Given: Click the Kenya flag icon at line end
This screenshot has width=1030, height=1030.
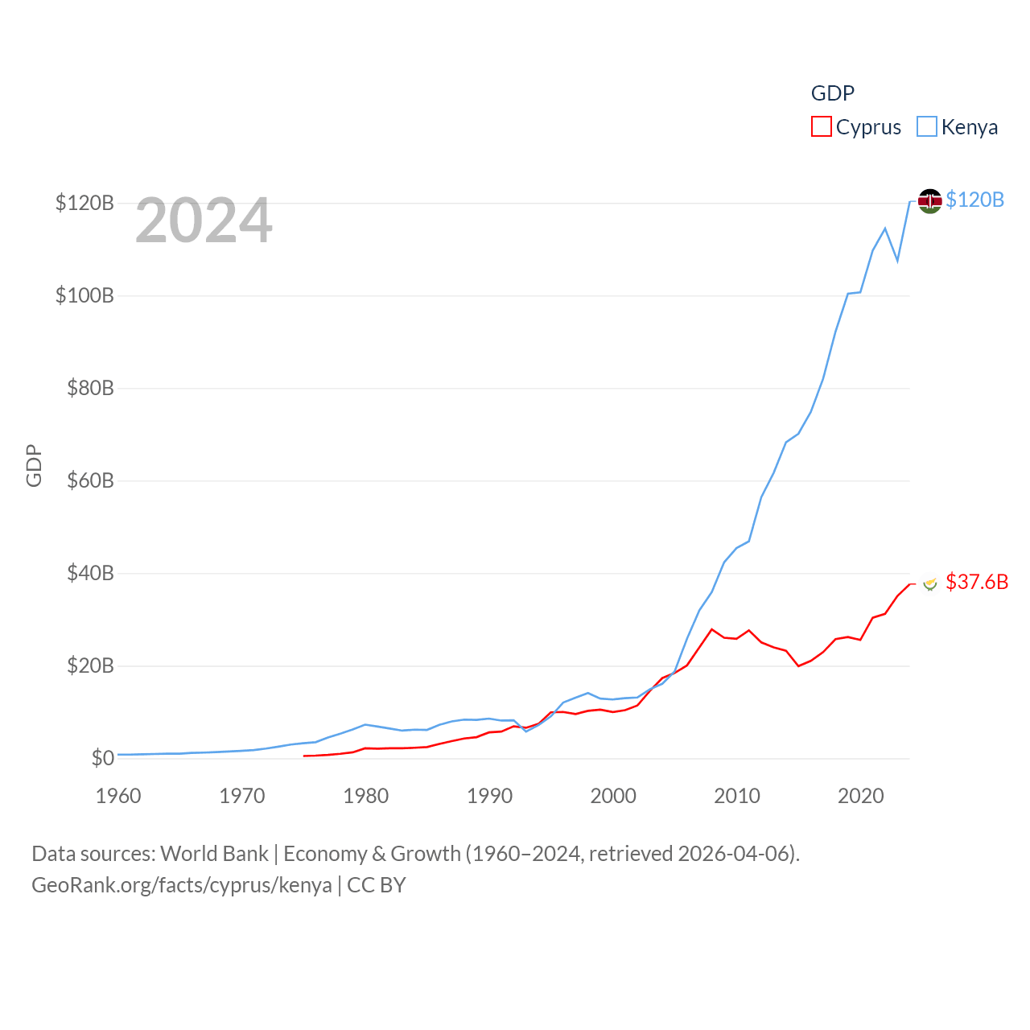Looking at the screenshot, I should [929, 200].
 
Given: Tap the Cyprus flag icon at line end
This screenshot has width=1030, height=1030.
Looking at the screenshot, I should [930, 583].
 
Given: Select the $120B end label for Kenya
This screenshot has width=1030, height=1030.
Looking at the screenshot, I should [974, 200].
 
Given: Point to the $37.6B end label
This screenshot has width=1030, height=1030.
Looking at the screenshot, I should [977, 582].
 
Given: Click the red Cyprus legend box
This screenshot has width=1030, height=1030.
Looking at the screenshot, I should [821, 127].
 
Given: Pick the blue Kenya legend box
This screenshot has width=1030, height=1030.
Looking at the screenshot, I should [927, 127].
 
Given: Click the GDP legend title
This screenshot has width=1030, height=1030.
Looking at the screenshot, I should [832, 93].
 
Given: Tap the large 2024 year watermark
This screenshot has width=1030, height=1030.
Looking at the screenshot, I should [204, 220].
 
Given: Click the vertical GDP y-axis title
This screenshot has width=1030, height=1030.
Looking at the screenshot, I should [34, 465].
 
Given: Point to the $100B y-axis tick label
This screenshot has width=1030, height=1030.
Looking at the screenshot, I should [84, 295].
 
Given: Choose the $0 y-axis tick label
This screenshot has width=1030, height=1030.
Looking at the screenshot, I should [102, 758].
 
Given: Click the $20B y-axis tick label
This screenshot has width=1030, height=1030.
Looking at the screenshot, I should [90, 665].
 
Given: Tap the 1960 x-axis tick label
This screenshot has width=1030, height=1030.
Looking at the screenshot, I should [118, 796].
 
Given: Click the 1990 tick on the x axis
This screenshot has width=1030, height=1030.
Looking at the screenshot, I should [489, 796].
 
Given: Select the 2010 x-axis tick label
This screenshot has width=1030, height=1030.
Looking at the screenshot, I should [737, 796].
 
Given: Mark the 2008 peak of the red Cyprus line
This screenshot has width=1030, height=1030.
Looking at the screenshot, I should [711, 629].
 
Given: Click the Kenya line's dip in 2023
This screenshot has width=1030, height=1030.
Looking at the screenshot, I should [897, 261].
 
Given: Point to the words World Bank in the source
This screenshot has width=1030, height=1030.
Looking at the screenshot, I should [214, 854].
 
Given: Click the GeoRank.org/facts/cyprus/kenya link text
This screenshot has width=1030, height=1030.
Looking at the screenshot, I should [182, 885].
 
